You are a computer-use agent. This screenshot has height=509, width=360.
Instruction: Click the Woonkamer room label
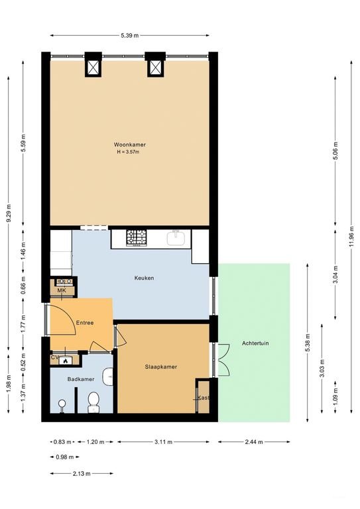click(129, 144)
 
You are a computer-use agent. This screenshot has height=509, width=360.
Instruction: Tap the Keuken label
click(144, 278)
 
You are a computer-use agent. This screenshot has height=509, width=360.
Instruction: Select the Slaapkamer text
click(160, 367)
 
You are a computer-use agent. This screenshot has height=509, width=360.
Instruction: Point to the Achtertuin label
click(255, 343)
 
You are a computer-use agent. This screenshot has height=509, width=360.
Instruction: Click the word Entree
click(85, 323)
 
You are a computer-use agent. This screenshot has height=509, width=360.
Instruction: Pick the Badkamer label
click(81, 379)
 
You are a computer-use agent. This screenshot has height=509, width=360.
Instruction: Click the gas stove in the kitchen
click(137, 238)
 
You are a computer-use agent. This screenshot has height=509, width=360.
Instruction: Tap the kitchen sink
click(176, 238)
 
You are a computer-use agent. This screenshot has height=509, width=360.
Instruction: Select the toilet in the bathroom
click(93, 402)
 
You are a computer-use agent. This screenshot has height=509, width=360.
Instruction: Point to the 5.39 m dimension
click(129, 36)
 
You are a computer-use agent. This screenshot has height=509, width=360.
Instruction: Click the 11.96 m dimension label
click(351, 237)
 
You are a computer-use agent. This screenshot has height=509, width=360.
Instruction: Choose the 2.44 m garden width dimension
click(254, 442)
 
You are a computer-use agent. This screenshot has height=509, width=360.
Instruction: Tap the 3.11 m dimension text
click(163, 442)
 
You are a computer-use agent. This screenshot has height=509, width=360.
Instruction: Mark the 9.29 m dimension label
click(9, 213)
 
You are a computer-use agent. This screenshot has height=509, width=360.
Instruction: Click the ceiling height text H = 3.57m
click(128, 152)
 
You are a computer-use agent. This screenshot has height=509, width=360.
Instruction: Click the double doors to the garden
click(222, 359)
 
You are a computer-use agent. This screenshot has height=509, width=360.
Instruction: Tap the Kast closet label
click(204, 398)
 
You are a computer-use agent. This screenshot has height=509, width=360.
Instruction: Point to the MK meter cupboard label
click(62, 290)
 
